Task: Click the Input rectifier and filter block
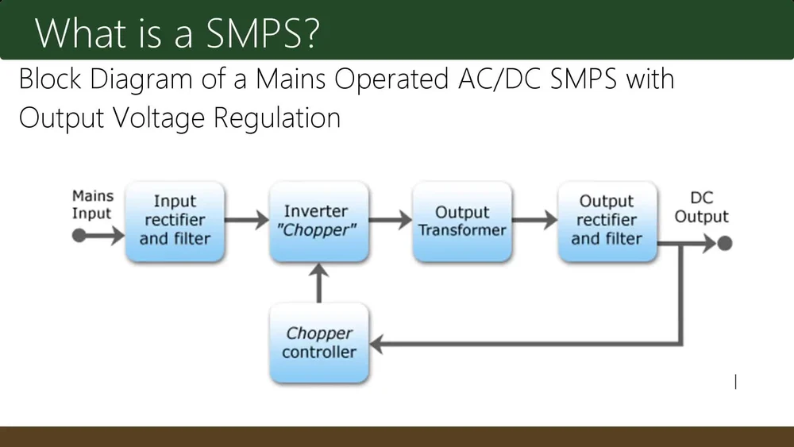pos(175,222)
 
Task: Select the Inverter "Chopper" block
pos(319,222)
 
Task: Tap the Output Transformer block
pos(462,222)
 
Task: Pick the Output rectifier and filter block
pos(607,222)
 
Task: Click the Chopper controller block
pos(319,343)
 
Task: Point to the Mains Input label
pos(92,205)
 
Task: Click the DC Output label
pos(701,207)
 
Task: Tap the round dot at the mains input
pos(79,235)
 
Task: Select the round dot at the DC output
pos(725,244)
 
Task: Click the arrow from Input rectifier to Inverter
pos(247,220)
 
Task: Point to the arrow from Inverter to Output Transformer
pos(391,220)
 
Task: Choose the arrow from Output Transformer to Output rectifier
pos(534,220)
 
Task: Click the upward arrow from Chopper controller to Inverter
pos(319,283)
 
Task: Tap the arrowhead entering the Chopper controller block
pos(376,345)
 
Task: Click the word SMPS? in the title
pos(263,33)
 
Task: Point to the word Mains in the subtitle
pos(290,79)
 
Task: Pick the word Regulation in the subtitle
pos(277,119)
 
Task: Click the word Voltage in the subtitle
pos(159,119)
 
